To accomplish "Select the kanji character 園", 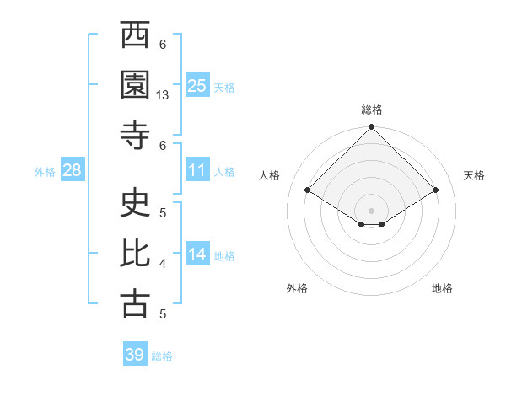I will [x=135, y=85].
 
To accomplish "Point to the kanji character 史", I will [x=135, y=203].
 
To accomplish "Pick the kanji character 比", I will [x=135, y=254].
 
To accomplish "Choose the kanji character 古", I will [x=135, y=304].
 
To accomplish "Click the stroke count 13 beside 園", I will [x=163, y=95].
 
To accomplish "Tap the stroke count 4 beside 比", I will [x=163, y=264].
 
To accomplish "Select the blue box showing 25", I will [x=196, y=85].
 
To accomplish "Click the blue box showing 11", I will [x=196, y=170].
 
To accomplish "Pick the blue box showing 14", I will [x=196, y=254].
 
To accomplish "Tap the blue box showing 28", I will [x=72, y=170].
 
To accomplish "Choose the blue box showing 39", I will [x=134, y=355].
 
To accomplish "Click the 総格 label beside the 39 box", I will [x=162, y=356].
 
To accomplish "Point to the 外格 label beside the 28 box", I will [x=45, y=172].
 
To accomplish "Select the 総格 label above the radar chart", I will [x=372, y=110].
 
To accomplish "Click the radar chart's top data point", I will [x=371, y=128].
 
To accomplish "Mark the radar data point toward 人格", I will [x=308, y=190].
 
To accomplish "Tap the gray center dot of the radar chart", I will [x=371, y=209].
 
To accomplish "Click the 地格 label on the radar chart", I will [x=442, y=288].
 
